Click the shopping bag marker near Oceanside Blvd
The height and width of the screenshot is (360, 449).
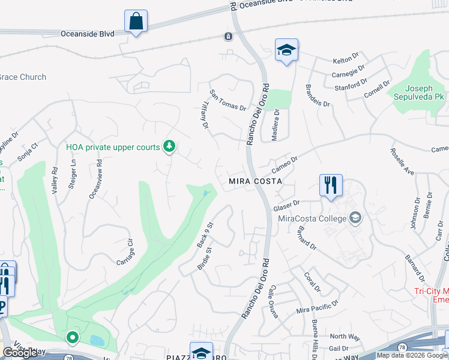(136, 22)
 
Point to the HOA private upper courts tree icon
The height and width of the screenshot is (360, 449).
(170, 146)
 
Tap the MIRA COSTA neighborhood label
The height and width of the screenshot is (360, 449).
(255, 181)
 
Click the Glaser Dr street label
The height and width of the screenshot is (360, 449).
(286, 206)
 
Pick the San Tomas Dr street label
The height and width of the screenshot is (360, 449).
(228, 100)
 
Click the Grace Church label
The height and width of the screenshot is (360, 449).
(23, 77)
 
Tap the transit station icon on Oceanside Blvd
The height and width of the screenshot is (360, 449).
(228, 37)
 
